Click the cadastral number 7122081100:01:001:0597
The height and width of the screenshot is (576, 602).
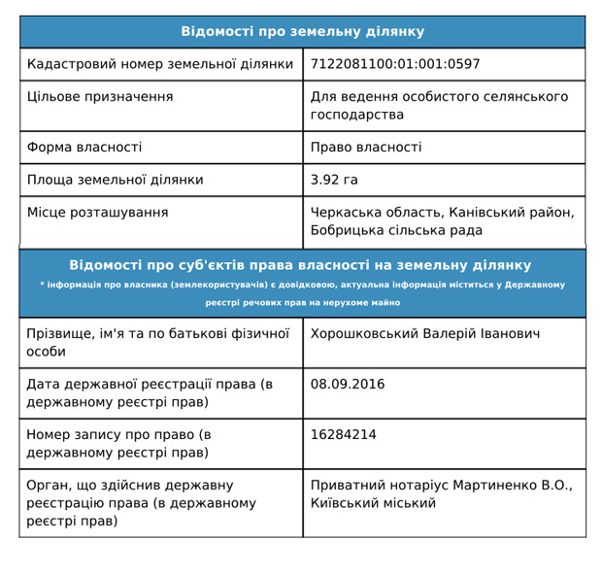395,65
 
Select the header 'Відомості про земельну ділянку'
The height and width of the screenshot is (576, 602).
302,32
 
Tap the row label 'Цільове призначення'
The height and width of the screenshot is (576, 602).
100,97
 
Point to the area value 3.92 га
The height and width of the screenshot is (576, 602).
334,180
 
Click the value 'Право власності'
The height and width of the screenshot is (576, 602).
366,148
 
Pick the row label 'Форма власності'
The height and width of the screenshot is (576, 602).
84,148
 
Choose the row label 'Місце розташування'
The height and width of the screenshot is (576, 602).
97,213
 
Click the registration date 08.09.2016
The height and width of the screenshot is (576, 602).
348,385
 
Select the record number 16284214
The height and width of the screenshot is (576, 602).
344,435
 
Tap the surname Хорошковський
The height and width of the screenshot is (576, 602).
365,334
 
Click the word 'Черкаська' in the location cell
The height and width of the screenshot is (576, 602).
345,213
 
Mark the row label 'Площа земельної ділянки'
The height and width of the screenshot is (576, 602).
116,180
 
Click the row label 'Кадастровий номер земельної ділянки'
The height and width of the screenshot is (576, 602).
160,65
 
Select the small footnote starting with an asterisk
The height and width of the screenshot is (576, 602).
302,293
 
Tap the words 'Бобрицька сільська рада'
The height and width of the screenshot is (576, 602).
396,231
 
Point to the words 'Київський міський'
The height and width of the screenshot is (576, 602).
373,503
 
